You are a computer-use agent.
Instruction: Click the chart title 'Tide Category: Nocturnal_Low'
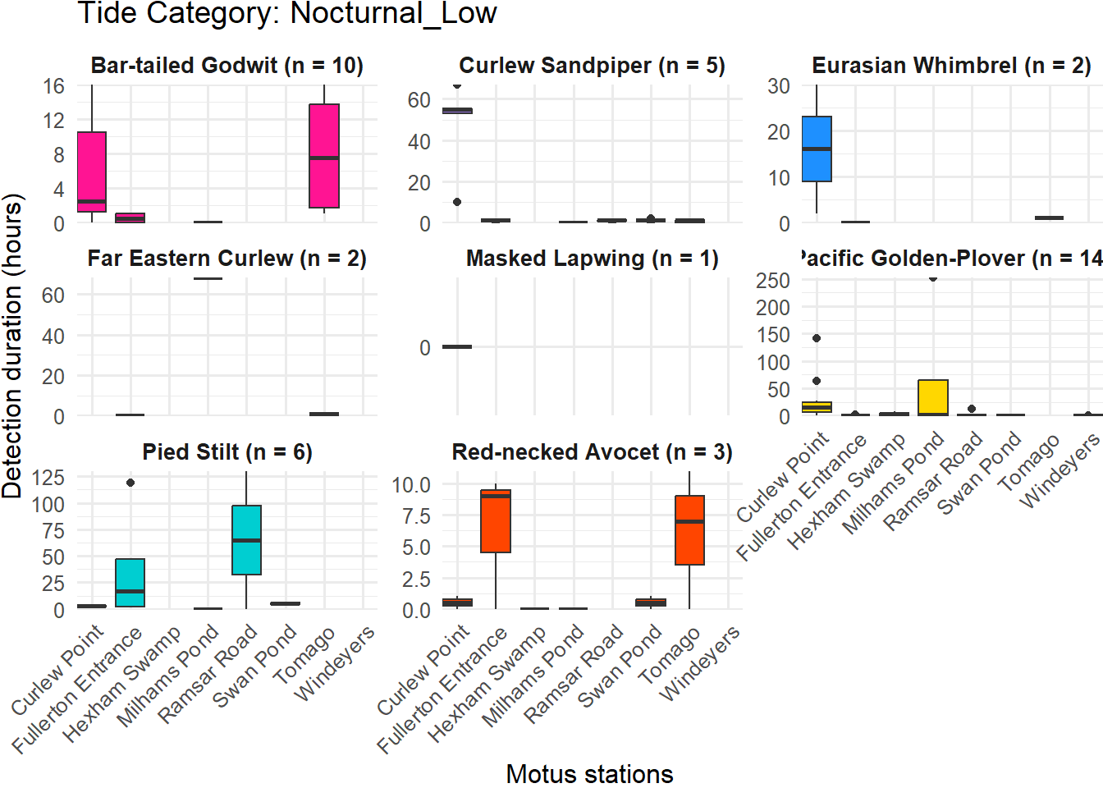click(x=287, y=14)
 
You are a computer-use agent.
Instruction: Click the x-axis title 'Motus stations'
click(x=589, y=773)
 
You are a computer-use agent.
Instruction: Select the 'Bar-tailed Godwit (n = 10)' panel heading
click(x=227, y=66)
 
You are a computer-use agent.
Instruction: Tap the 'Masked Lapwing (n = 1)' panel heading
click(x=592, y=259)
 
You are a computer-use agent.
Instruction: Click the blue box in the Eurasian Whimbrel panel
click(x=817, y=149)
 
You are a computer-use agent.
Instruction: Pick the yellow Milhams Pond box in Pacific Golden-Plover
click(x=933, y=397)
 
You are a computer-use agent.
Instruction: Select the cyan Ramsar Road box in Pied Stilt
click(x=246, y=540)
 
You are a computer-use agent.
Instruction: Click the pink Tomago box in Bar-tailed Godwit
click(x=324, y=156)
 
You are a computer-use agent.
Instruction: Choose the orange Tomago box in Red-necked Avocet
click(x=689, y=530)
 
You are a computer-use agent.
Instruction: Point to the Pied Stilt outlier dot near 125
click(x=130, y=483)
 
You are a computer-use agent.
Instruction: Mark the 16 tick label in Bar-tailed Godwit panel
click(x=54, y=86)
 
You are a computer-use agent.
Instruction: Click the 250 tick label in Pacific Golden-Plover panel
click(x=773, y=281)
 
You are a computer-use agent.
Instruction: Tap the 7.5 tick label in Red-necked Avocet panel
click(x=412, y=516)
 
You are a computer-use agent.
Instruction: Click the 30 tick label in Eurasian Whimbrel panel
click(x=779, y=86)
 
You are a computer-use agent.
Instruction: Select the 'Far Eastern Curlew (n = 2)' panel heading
click(x=227, y=259)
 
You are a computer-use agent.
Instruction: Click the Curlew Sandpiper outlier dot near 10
click(x=457, y=202)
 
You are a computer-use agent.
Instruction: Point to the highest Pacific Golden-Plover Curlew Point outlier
click(x=817, y=338)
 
